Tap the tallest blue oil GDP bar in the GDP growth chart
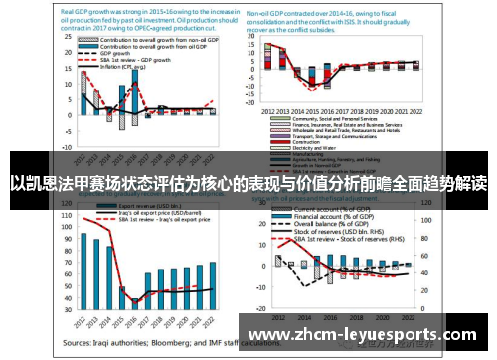134,95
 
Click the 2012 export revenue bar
83,269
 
